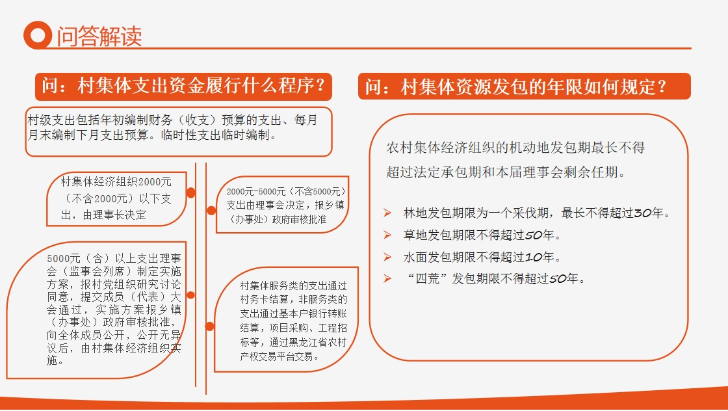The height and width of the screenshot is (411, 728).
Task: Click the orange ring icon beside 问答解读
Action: pyautogui.click(x=38, y=35)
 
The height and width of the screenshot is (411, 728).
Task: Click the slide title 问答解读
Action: pyautogui.click(x=99, y=36)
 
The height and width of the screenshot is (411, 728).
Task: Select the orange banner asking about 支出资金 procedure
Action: pyautogui.click(x=183, y=86)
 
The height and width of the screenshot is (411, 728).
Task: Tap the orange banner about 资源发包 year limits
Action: pyautogui.click(x=524, y=86)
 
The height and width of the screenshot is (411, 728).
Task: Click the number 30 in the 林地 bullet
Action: pyautogui.click(x=643, y=213)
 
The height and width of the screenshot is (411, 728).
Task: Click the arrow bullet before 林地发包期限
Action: pyautogui.click(x=387, y=213)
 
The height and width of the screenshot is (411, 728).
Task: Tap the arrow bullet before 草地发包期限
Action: pyautogui.click(x=387, y=235)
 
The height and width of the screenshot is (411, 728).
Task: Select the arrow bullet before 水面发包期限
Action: pyautogui.click(x=387, y=257)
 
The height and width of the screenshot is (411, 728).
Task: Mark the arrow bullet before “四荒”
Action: pyautogui.click(x=387, y=278)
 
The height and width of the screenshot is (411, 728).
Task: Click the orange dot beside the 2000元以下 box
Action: pyautogui.click(x=190, y=192)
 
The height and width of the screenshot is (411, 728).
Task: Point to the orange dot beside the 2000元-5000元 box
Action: pyautogui.click(x=211, y=210)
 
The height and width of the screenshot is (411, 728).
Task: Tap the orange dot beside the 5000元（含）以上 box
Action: pyautogui.click(x=190, y=295)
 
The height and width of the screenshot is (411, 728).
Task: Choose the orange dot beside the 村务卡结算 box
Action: pyautogui.click(x=210, y=326)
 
